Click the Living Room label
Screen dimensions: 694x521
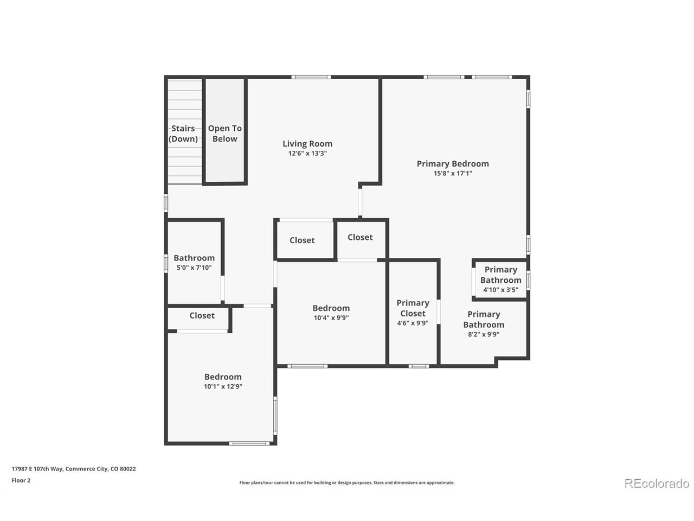pyautogui.click(x=307, y=144)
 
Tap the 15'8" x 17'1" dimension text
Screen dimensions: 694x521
pyautogui.click(x=452, y=173)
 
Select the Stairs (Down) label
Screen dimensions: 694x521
pyautogui.click(x=183, y=134)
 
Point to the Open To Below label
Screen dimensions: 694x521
pyautogui.click(x=224, y=134)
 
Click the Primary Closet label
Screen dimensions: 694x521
pyautogui.click(x=413, y=308)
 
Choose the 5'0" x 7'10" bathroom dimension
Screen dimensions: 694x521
pyautogui.click(x=194, y=268)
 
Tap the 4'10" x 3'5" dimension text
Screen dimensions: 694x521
pyautogui.click(x=500, y=290)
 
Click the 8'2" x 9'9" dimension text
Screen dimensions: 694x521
pyautogui.click(x=484, y=334)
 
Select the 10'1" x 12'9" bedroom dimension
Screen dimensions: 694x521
pyautogui.click(x=223, y=386)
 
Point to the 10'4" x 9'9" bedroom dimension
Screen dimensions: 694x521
pyautogui.click(x=331, y=317)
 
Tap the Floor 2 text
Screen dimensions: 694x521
pyautogui.click(x=21, y=480)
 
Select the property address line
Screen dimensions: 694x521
pyautogui.click(x=74, y=469)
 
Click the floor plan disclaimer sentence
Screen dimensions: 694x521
pyautogui.click(x=347, y=482)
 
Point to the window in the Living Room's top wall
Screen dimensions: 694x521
pyautogui.click(x=311, y=77)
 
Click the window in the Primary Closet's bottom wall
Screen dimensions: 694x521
pyautogui.click(x=419, y=366)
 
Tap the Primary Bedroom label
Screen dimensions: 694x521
pyautogui.click(x=452, y=164)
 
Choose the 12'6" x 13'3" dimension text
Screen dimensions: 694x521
pyautogui.click(x=307, y=154)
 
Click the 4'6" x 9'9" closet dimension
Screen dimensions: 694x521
pyautogui.click(x=413, y=323)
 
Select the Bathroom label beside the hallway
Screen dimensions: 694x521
pyautogui.click(x=194, y=258)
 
